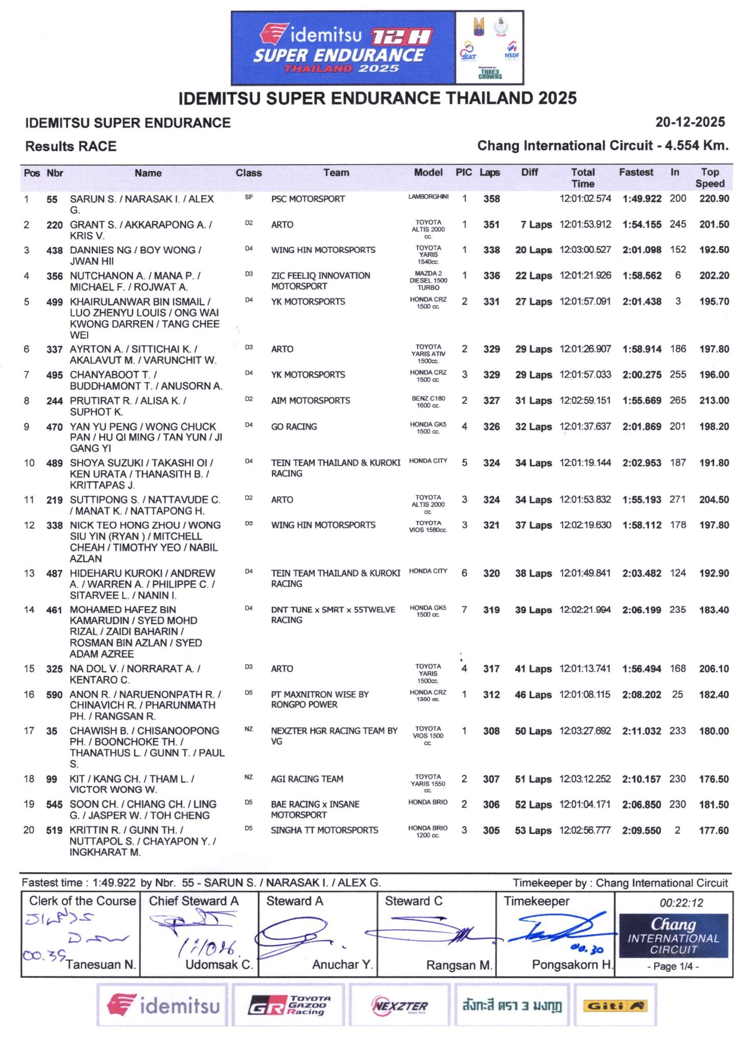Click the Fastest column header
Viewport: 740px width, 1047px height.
point(636,173)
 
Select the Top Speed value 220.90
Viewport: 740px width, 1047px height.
point(714,199)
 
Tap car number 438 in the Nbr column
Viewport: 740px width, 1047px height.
point(55,251)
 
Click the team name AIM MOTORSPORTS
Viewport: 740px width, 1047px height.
point(311,401)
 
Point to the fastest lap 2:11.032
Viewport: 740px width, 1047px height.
point(641,731)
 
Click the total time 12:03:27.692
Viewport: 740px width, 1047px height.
point(585,731)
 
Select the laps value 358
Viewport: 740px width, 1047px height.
point(491,199)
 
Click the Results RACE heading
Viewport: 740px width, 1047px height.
point(71,147)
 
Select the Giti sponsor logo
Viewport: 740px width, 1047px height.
point(615,1006)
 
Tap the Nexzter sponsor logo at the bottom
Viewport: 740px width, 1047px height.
point(399,1006)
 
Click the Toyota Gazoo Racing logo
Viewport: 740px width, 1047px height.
point(289,1006)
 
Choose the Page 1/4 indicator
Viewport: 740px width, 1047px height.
point(673,967)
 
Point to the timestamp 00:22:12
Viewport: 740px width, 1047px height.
point(681,903)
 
